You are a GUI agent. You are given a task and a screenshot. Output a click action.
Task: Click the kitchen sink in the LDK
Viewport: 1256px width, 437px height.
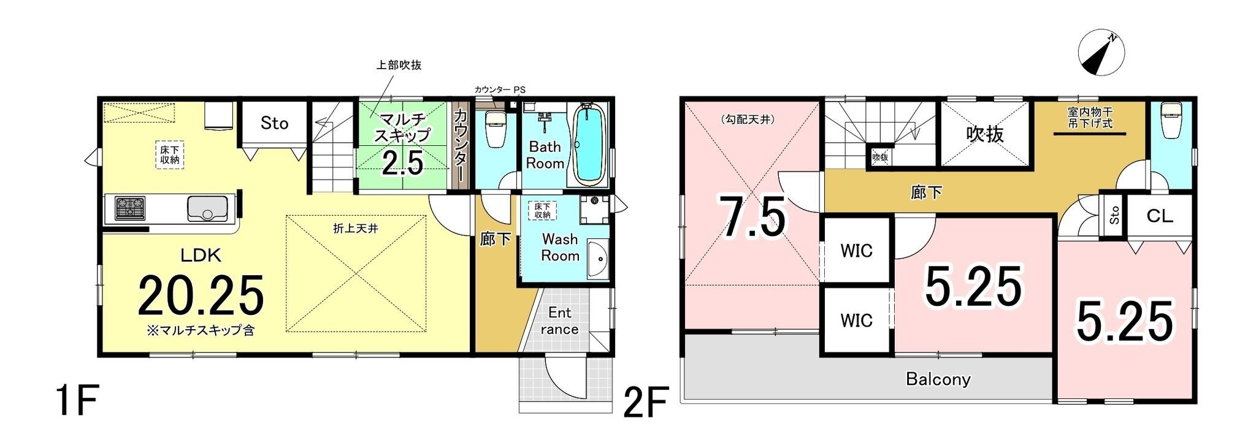207,209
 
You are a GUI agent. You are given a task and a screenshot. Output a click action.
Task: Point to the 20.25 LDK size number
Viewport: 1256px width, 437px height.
201,295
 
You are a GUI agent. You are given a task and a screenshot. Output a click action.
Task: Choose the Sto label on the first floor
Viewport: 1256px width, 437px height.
274,123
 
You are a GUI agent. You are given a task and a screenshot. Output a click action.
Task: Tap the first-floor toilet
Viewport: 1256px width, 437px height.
494,129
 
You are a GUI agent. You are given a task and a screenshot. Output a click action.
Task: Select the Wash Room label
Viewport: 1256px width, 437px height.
560,247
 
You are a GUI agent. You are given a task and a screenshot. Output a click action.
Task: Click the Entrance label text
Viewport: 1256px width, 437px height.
559,321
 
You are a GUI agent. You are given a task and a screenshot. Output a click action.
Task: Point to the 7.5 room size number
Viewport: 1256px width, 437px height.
752,217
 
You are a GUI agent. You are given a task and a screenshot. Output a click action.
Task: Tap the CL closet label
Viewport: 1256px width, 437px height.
1160,216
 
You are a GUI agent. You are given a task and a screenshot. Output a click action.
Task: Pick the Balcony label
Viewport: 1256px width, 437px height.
938,379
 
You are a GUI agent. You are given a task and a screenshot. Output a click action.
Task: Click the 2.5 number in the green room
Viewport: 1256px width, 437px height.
403,164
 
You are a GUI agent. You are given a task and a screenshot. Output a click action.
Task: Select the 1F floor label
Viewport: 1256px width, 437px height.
75,401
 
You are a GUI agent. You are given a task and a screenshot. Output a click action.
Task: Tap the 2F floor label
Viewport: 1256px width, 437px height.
645,401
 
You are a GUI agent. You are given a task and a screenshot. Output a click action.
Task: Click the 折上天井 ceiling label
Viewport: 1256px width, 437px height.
355,229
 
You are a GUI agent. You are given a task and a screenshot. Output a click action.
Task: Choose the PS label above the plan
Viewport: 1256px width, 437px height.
519,89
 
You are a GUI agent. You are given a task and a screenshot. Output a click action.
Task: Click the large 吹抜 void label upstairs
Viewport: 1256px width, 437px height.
985,134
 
